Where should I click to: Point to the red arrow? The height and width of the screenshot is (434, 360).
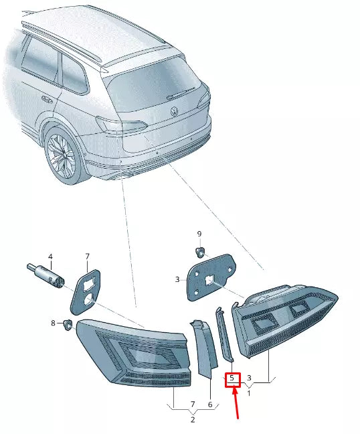click(x=236, y=403)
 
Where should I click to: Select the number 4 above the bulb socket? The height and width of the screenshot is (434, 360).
click(x=50, y=257)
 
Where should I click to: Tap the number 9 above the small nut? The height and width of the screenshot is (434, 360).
click(x=199, y=234)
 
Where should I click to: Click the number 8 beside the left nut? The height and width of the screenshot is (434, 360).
click(x=54, y=323)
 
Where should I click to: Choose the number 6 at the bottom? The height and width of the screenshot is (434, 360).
click(x=209, y=405)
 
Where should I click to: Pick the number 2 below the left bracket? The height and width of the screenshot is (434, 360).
click(x=192, y=420)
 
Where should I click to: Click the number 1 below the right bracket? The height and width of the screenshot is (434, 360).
click(x=249, y=392)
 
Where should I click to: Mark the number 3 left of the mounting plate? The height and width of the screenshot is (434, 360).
click(x=177, y=279)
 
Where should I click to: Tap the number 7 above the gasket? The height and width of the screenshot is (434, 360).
click(x=87, y=257)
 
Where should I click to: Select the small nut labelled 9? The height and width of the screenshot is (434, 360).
click(x=199, y=251)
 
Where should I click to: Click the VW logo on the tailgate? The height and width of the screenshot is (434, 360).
click(x=175, y=111)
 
